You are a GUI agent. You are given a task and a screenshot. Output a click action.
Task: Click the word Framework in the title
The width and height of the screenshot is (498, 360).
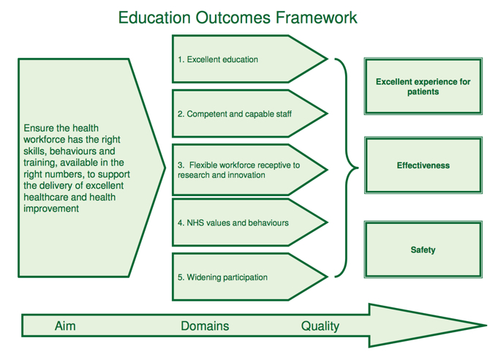(x=317, y=18)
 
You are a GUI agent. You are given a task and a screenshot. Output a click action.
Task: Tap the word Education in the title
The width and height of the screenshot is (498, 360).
(x=154, y=18)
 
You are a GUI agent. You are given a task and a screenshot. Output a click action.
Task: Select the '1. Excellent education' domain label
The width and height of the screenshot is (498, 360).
(x=218, y=59)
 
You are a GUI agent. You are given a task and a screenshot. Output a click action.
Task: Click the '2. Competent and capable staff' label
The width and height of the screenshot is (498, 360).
(x=235, y=113)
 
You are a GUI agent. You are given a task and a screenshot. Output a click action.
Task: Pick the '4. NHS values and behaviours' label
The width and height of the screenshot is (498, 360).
(x=233, y=222)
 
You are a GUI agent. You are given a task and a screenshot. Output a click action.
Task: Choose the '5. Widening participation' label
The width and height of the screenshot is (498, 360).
(x=222, y=277)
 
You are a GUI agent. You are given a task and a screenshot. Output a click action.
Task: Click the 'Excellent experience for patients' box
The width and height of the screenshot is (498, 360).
(x=423, y=86)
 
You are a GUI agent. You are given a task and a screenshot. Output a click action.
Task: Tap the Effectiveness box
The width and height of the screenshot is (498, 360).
(x=423, y=165)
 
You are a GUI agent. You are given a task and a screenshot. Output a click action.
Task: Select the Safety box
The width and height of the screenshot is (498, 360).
(x=423, y=250)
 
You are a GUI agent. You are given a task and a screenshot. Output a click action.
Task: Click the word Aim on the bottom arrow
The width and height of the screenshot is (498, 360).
(x=65, y=326)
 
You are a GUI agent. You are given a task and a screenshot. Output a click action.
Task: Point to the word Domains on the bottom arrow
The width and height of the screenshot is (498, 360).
(x=205, y=326)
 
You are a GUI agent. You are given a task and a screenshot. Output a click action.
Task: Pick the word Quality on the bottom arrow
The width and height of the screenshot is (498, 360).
(x=320, y=326)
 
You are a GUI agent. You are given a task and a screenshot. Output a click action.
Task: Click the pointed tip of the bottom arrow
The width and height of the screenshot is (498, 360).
(x=486, y=325)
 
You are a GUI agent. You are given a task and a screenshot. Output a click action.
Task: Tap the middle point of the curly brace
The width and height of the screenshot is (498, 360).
(x=358, y=168)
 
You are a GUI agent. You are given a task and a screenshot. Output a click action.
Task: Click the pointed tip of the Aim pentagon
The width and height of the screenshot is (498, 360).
(x=165, y=168)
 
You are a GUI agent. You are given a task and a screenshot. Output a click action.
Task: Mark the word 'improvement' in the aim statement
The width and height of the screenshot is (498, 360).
(x=51, y=209)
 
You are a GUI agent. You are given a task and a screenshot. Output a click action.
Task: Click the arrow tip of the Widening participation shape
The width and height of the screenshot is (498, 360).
(x=327, y=277)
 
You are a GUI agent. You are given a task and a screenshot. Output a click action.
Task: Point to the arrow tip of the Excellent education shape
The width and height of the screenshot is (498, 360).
(x=327, y=59)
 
